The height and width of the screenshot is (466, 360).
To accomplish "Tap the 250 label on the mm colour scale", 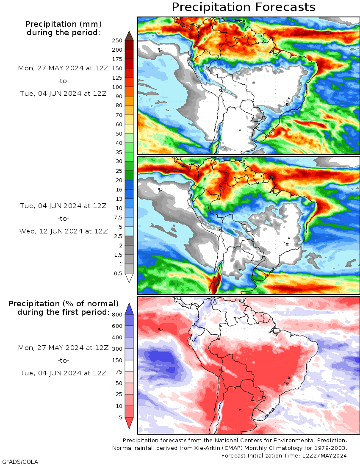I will click(117, 40).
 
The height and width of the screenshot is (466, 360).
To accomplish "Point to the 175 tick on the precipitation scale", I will click(117, 59).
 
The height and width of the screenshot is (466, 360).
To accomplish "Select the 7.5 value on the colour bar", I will click(119, 217).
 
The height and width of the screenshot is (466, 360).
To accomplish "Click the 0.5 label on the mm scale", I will click(119, 273).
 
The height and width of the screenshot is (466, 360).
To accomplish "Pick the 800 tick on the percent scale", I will click(117, 314).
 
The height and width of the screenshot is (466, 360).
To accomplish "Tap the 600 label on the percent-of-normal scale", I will click(117, 326).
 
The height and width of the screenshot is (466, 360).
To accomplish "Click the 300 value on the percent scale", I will click(117, 349).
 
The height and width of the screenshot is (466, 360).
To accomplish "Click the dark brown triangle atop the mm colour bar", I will click(129, 36).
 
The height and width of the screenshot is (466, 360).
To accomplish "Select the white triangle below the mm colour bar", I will click(129, 278).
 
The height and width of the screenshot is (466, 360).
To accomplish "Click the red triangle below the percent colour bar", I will click(129, 422).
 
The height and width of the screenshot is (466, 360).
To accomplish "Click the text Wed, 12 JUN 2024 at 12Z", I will click(64, 231).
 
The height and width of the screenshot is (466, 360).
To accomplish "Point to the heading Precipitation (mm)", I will click(64, 24).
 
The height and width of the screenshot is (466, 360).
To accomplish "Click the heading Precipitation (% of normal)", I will click(64, 304).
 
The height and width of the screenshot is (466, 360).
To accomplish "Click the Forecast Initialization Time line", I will click(284, 455).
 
